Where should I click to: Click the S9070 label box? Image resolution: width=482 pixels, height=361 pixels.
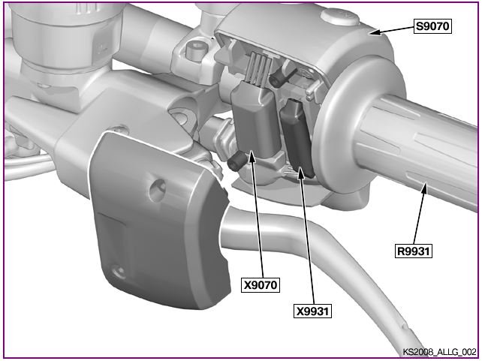click(x=432, y=26)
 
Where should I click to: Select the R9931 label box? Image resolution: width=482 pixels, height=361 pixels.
click(x=413, y=251)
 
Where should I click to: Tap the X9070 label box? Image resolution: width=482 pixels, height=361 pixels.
click(x=261, y=284)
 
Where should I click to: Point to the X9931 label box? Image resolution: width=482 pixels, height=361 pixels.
click(x=312, y=311)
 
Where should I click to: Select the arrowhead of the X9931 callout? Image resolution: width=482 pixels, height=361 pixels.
click(x=301, y=173)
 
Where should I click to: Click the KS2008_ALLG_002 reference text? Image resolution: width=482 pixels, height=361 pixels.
click(x=439, y=352)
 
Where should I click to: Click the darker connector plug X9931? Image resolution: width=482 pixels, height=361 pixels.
click(x=297, y=137)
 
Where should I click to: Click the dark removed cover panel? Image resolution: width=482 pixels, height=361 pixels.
click(x=160, y=221)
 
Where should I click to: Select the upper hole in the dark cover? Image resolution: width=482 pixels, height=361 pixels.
click(x=158, y=191)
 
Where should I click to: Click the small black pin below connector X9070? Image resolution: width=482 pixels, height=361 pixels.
click(x=237, y=161)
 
